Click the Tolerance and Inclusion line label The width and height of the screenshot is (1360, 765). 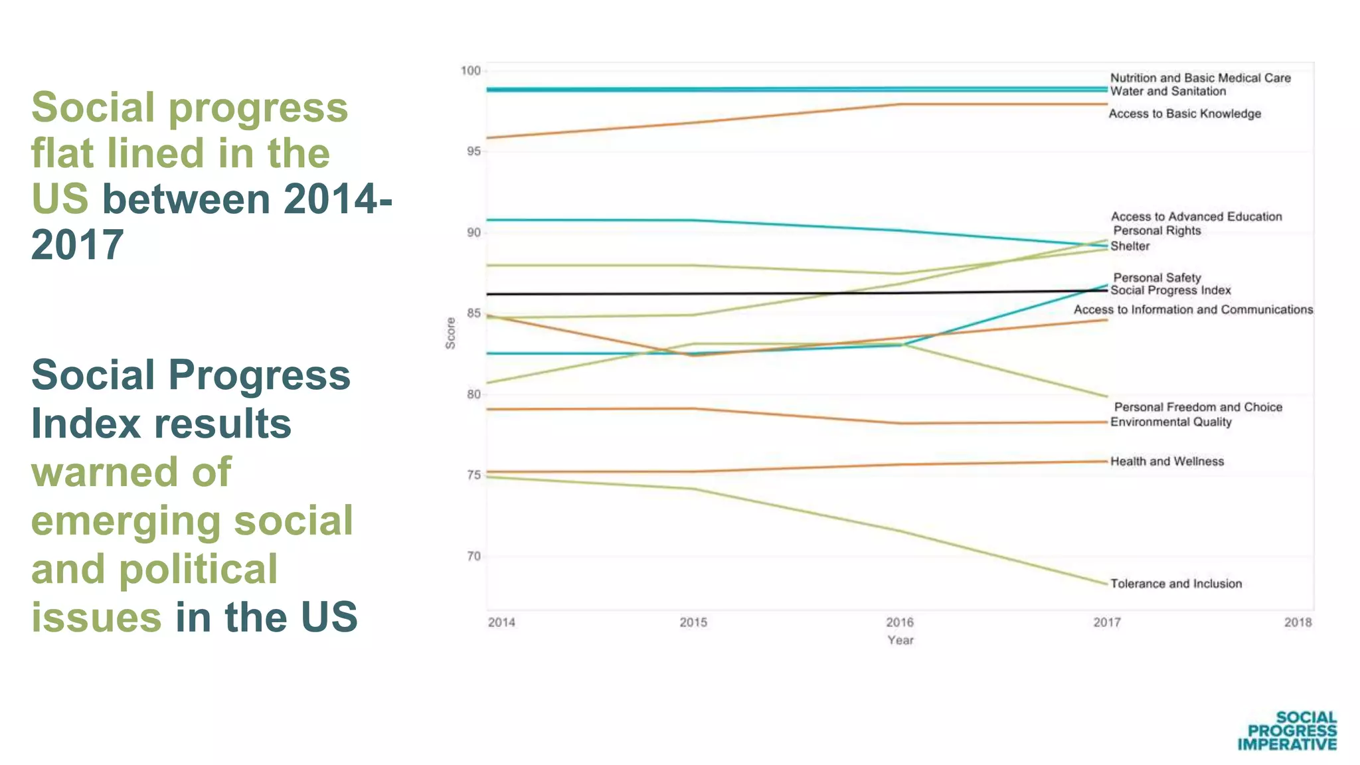[x=1175, y=584]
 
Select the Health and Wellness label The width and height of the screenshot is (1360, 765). [x=1167, y=462]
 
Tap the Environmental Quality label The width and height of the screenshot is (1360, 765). [x=1171, y=422]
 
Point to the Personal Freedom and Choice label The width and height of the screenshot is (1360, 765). [x=1198, y=407]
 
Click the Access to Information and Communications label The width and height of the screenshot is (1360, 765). [x=1193, y=310]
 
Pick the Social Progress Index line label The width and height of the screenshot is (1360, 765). [x=1170, y=291]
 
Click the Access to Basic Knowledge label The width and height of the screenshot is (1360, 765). [x=1185, y=114]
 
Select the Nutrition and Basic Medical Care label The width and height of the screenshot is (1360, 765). [x=1200, y=78]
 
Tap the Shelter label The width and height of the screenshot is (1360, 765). [x=1130, y=246]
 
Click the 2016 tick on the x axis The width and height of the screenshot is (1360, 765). [x=900, y=623]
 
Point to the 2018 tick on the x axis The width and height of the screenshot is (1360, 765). [x=1298, y=623]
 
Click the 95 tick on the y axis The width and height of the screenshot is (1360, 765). [x=473, y=152]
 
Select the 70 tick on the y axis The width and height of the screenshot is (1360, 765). [x=473, y=556]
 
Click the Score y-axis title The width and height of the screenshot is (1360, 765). [x=451, y=333]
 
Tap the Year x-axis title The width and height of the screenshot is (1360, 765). [x=900, y=641]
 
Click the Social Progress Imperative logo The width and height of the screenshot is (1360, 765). [x=1287, y=731]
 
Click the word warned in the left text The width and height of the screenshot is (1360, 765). [x=131, y=472]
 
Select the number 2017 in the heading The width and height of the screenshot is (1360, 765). [x=77, y=245]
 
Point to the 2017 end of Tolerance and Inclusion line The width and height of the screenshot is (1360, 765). [x=1106, y=584]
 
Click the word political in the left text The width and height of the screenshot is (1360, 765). [x=198, y=570]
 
